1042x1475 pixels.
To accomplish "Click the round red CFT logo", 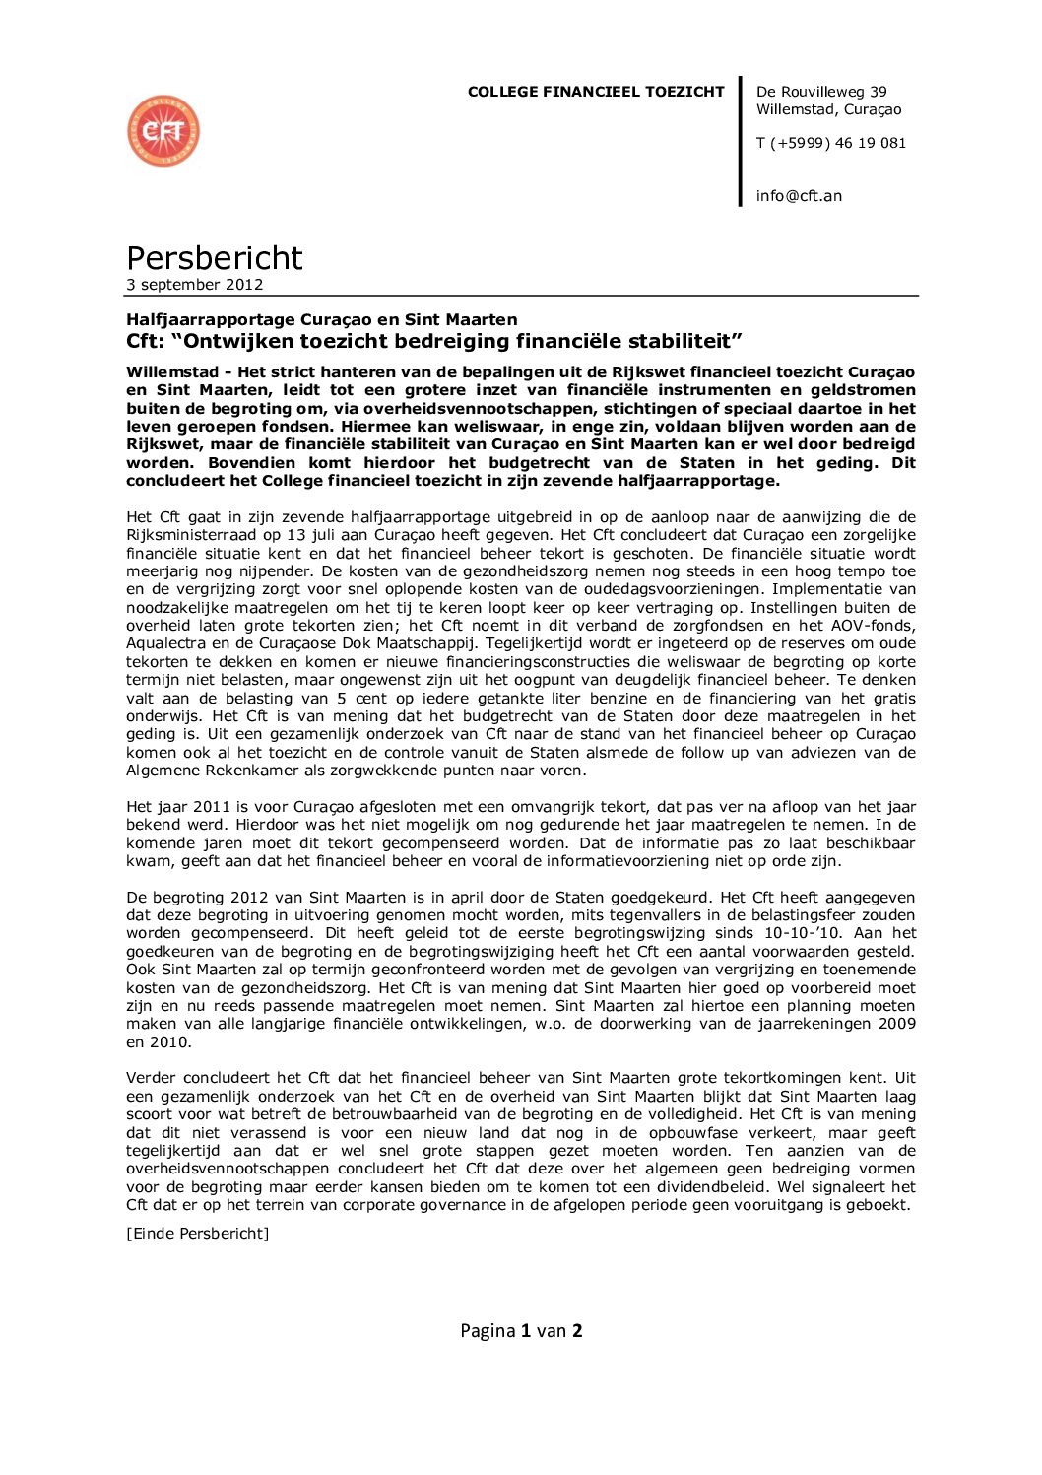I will (x=163, y=131).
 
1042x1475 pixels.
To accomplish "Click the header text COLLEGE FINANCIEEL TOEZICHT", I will (x=596, y=92).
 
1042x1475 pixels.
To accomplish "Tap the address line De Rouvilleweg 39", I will (x=821, y=92).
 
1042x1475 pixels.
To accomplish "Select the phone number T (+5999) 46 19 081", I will (x=830, y=143).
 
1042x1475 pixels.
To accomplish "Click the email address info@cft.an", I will (x=799, y=196).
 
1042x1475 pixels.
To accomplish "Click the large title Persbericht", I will (x=214, y=258).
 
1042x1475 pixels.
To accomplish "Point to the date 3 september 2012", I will (x=194, y=285).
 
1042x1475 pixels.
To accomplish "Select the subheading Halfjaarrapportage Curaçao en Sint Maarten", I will (x=321, y=319).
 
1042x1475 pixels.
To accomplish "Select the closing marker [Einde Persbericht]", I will (x=197, y=1234).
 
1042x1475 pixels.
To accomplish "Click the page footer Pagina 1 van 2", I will (x=521, y=1331).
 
